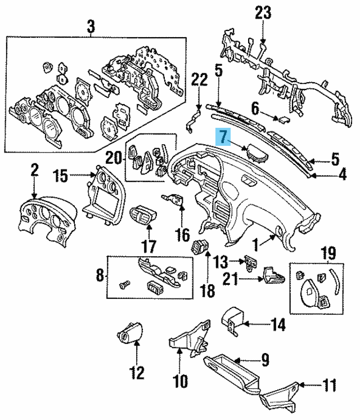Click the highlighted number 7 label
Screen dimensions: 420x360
[x=223, y=137]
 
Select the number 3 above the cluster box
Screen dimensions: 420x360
[x=91, y=25]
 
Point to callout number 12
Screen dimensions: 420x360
[x=137, y=372]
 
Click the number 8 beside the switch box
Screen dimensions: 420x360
[x=100, y=276]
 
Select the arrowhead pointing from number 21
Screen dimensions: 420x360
[x=258, y=276]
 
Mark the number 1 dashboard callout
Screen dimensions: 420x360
[x=255, y=244]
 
